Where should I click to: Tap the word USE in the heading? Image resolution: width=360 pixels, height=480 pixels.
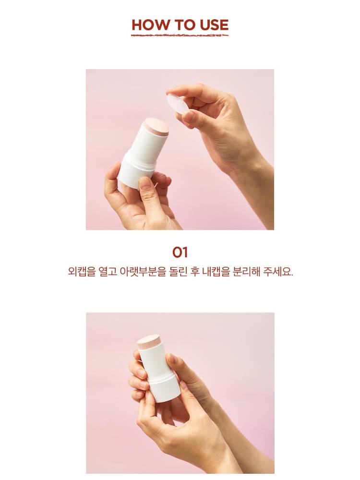[214, 25]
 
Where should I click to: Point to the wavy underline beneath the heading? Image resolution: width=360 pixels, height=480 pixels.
[180, 35]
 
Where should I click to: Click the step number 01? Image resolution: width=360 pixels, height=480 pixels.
[180, 252]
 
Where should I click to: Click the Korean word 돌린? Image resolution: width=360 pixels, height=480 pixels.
[178, 272]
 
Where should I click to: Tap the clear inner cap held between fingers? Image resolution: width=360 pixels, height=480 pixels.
[179, 104]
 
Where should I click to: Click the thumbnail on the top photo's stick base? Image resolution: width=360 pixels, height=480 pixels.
[145, 184]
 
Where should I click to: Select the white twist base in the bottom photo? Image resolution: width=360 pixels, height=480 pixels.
[164, 387]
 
